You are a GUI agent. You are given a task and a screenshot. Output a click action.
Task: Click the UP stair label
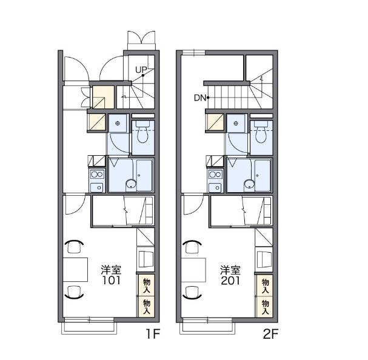pyautogui.click(x=141, y=70)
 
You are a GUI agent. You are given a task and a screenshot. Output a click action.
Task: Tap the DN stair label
pyautogui.click(x=200, y=98)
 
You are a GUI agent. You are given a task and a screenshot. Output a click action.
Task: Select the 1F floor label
pyautogui.click(x=153, y=334)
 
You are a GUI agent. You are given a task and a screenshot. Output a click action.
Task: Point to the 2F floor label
pyautogui.click(x=270, y=334)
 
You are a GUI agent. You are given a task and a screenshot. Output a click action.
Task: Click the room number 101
pyautogui.click(x=111, y=281)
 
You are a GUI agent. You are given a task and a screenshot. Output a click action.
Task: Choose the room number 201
pyautogui.click(x=230, y=281)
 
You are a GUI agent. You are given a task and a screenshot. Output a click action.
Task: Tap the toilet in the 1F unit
pyautogui.click(x=142, y=135)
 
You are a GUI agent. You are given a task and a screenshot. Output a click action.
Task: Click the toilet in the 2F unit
pyautogui.click(x=261, y=135)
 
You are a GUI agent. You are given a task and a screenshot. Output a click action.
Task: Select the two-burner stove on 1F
pyautogui.click(x=97, y=175)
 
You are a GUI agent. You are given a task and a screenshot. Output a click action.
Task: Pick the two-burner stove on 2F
pyautogui.click(x=215, y=175)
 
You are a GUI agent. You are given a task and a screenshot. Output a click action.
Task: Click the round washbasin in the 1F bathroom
pyautogui.click(x=130, y=184)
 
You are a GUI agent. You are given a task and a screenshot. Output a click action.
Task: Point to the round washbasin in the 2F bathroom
pyautogui.click(x=249, y=184)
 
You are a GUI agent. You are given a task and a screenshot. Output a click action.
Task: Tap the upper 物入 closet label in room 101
pyautogui.click(x=147, y=285)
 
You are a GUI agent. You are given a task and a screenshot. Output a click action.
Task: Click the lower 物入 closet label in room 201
pyautogui.click(x=266, y=307)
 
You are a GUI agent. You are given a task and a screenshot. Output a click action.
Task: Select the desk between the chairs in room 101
pyautogui.click(x=75, y=270)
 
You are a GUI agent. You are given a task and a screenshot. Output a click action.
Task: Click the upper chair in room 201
pyautogui.click(x=192, y=247)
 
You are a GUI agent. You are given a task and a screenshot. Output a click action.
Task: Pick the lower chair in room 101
pyautogui.click(x=74, y=292)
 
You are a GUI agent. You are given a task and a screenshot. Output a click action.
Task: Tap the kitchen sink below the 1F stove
pyautogui.click(x=97, y=187)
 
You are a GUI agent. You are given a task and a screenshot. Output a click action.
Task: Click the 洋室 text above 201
pyautogui.click(x=230, y=270)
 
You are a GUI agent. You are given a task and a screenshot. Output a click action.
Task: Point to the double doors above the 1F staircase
pyautogui.click(x=141, y=37)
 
